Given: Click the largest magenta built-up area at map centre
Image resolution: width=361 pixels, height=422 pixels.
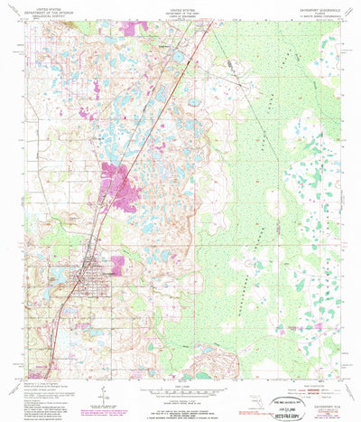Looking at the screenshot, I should point(117,177).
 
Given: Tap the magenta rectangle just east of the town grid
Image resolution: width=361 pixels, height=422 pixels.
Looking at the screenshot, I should point(113,267).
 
